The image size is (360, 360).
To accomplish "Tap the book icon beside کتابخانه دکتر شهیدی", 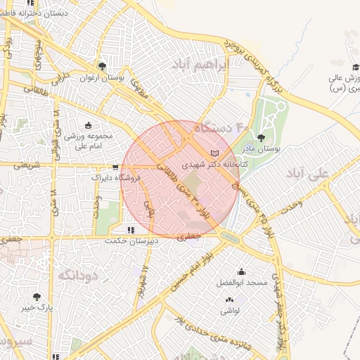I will tap(215, 153).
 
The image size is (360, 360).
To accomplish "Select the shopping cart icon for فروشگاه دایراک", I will tap(115, 167).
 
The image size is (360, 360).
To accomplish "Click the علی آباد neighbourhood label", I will tap(308, 174).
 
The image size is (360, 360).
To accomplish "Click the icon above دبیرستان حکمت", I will tap(130, 229).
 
